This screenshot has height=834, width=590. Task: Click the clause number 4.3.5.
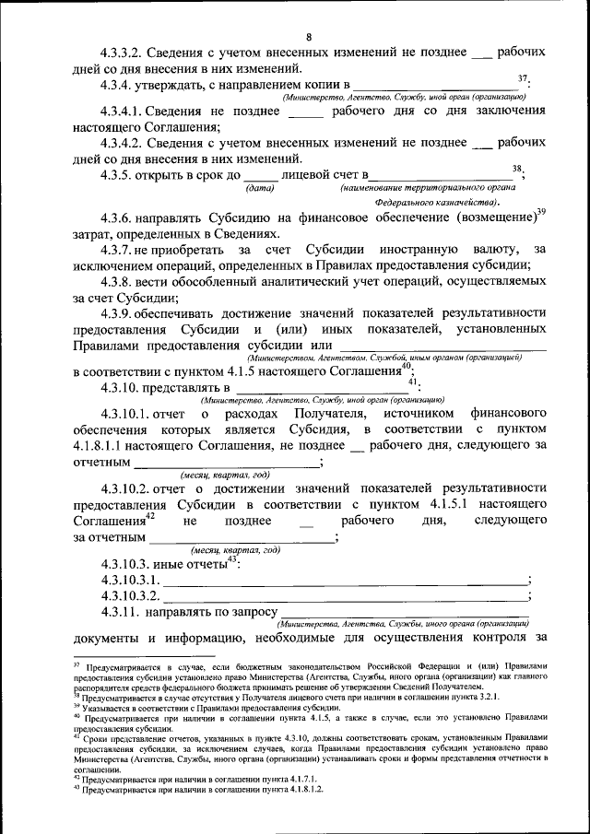click(122, 175)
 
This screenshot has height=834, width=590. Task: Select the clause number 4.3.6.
click(122, 221)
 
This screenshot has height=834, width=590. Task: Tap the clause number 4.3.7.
click(122, 251)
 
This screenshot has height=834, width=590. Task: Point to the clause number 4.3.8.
click(122, 281)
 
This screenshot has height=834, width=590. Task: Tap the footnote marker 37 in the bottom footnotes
click(77, 664)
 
